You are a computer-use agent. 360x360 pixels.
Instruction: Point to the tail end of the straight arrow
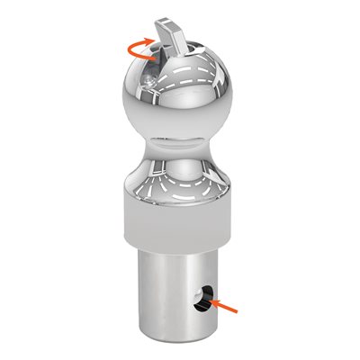[x=238, y=310]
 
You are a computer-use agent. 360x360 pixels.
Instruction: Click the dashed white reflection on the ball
[x=193, y=76]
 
